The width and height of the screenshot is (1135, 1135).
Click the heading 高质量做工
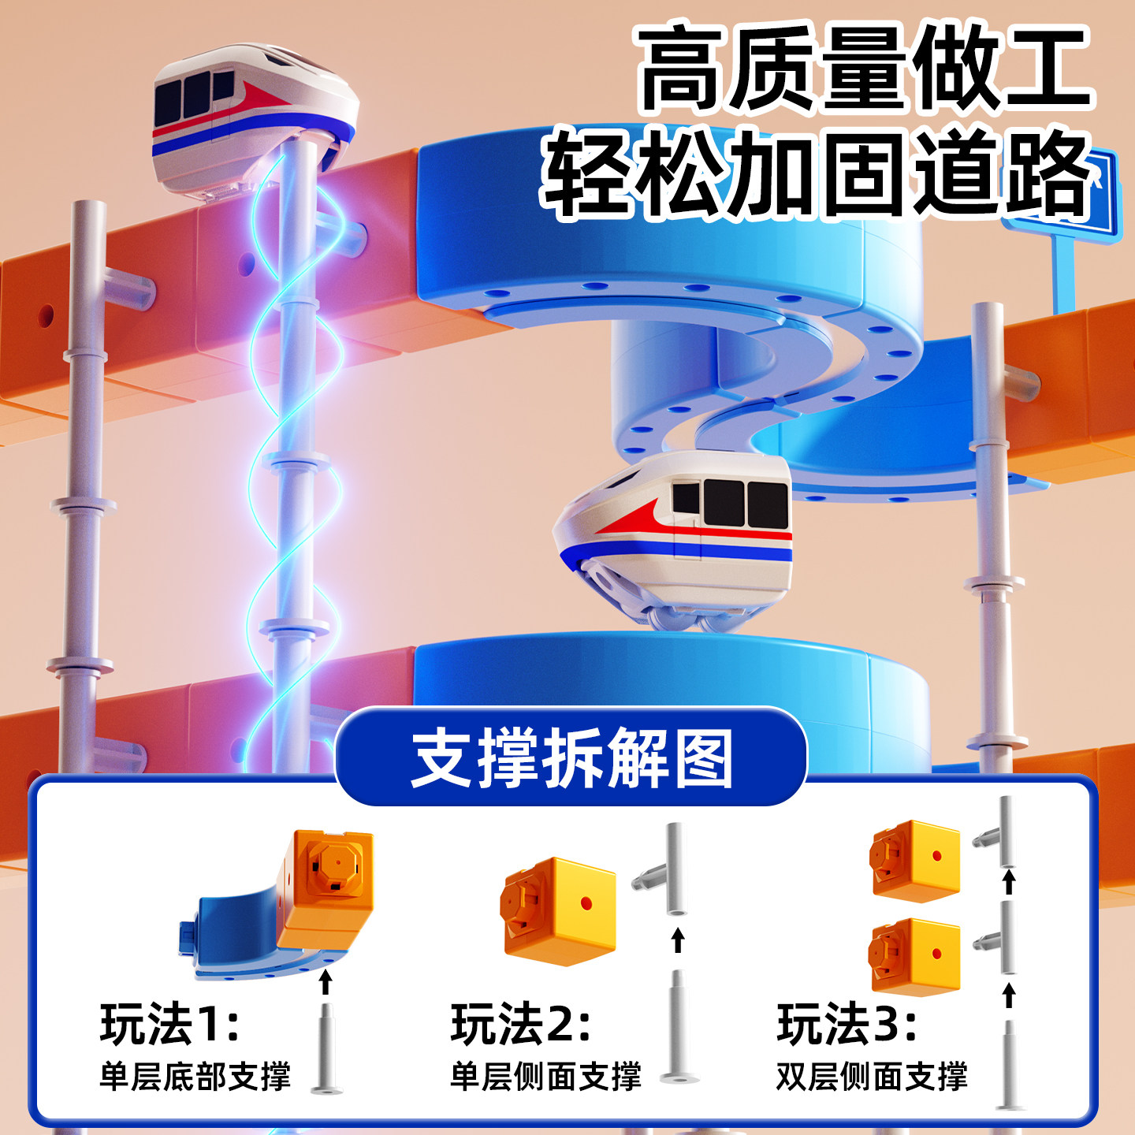tap(864, 69)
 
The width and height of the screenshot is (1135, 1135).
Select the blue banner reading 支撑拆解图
tap(572, 757)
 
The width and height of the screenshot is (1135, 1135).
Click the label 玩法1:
tap(169, 1024)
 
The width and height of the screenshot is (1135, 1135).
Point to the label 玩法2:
tap(520, 1024)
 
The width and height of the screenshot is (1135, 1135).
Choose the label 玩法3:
tap(847, 1024)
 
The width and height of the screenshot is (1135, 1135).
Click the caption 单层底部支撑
tap(195, 1077)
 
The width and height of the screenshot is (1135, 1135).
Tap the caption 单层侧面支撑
tap(545, 1077)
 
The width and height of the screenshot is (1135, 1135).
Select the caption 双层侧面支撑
tap(872, 1077)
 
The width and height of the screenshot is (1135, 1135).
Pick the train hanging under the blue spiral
tap(674, 536)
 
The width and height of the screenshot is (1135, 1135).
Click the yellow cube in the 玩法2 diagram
tap(560, 910)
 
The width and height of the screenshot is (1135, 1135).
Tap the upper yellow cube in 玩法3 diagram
tap(916, 859)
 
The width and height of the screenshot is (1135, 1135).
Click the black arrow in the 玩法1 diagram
tap(326, 982)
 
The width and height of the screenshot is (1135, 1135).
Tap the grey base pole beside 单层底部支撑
tap(326, 1048)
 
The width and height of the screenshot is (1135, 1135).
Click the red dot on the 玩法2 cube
tap(586, 903)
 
